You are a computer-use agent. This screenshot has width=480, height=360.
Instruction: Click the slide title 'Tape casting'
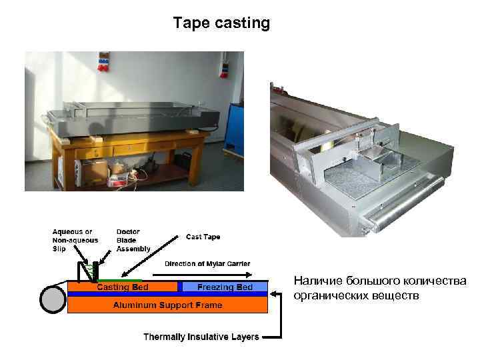pyautogui.click(x=221, y=23)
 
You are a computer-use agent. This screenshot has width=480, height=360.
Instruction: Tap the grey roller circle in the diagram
pyautogui.click(x=53, y=299)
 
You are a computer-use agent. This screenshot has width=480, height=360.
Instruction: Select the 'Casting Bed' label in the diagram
pyautogui.click(x=123, y=287)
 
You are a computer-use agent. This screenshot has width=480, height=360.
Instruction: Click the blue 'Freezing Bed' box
pyautogui.click(x=225, y=287)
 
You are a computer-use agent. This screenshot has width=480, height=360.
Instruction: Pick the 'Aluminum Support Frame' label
pyautogui.click(x=167, y=305)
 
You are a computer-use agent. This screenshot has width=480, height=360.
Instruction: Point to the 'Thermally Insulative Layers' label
pyautogui.click(x=201, y=337)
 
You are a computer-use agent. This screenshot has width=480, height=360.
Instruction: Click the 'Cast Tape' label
pyautogui.click(x=203, y=237)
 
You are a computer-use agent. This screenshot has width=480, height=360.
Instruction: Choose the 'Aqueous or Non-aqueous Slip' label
pyautogui.click(x=75, y=241)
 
